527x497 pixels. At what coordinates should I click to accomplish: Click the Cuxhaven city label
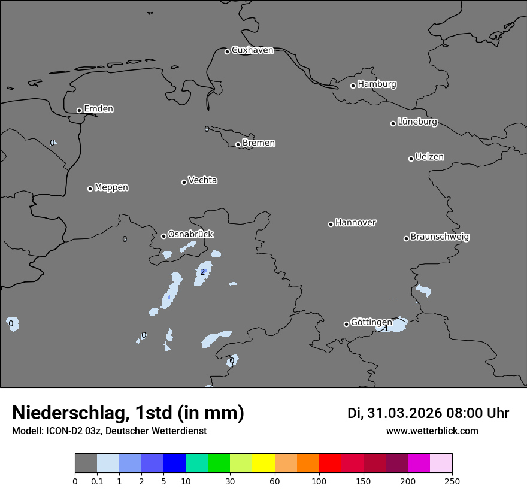click(252, 50)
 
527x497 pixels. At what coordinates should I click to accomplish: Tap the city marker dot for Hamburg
click(353, 86)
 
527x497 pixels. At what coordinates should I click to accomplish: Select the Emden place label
click(98, 109)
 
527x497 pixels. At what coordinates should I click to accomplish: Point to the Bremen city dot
click(238, 144)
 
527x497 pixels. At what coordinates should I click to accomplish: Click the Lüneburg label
click(417, 122)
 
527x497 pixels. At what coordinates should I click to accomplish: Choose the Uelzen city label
click(429, 157)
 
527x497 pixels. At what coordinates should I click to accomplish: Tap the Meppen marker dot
click(90, 189)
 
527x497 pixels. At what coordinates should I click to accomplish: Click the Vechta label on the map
click(202, 180)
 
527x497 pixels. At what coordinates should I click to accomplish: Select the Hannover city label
click(355, 223)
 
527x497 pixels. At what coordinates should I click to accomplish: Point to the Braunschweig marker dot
click(406, 238)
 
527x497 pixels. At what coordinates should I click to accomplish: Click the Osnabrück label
click(190, 234)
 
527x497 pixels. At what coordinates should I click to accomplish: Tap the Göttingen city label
click(371, 323)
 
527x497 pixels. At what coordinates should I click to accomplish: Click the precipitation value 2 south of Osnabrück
click(202, 272)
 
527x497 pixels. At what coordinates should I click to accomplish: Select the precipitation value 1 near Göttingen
click(386, 329)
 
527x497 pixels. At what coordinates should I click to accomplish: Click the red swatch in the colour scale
click(329, 463)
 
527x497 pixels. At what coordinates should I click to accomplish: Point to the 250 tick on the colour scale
click(452, 481)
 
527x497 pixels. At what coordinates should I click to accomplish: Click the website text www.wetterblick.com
click(432, 431)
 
